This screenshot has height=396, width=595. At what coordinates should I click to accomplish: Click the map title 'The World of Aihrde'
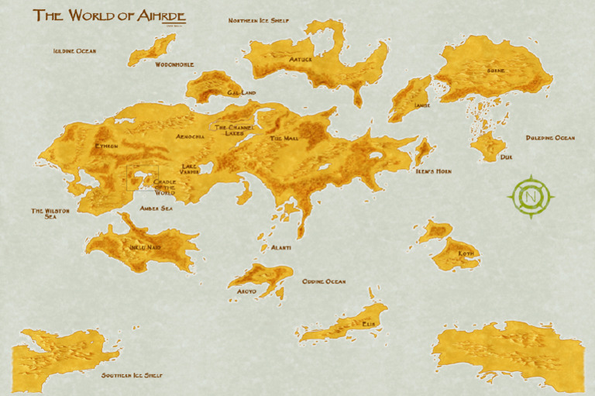108,16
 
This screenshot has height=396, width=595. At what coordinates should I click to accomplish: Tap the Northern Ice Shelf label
258,20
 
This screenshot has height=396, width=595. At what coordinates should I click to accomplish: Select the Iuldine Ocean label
74,51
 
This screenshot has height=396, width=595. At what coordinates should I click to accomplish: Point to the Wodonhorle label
174,65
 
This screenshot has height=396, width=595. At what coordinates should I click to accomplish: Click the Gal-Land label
242,92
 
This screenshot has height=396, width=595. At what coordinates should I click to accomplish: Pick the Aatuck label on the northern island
301,59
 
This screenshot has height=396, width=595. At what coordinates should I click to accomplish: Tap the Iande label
422,105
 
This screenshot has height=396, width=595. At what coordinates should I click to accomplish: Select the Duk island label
506,157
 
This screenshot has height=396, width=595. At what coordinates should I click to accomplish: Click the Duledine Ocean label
550,138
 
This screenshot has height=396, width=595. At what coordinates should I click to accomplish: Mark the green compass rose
531,196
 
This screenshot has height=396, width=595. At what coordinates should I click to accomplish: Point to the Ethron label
106,146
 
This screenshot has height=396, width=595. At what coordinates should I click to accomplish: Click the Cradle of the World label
165,187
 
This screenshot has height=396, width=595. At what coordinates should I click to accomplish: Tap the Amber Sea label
156,208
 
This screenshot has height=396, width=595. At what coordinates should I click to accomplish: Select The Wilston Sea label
50,214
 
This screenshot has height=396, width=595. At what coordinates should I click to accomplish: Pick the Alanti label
280,247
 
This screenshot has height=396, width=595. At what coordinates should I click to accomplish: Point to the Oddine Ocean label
324,281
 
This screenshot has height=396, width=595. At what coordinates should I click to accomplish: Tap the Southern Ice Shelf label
132,376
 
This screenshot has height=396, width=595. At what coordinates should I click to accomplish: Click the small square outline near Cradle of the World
143,177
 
